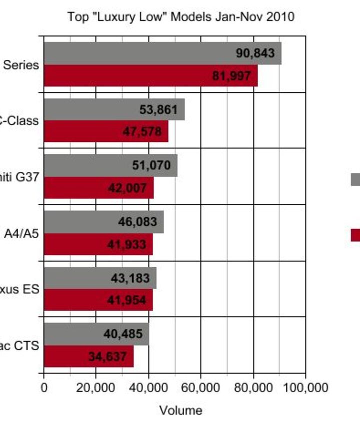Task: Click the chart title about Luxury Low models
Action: pos(180,17)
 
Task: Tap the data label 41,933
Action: pos(126,244)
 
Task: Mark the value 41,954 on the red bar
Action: pos(126,300)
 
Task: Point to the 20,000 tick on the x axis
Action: pos(96,388)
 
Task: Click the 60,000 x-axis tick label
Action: pos(200,388)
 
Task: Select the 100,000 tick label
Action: pos(305,388)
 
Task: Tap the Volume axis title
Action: pos(180,411)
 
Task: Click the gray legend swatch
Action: pos(355,179)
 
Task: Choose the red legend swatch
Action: pos(355,235)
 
